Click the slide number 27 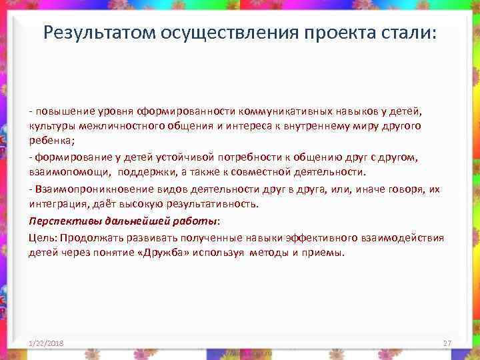tap(447, 343)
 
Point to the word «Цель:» tap(41, 237)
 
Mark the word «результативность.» tap(223, 205)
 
